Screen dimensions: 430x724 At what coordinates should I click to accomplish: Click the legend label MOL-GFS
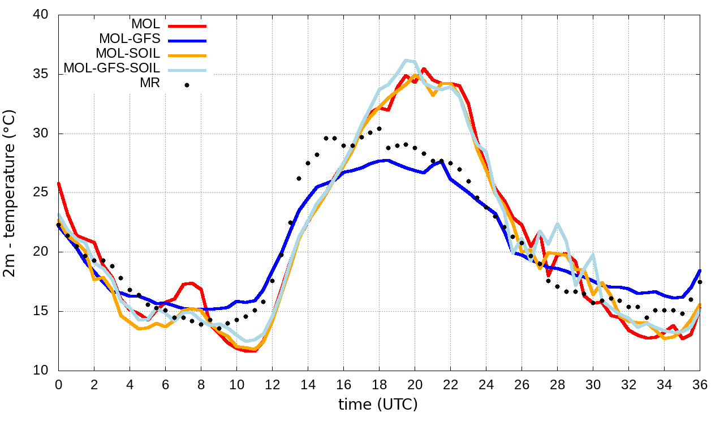coord(130,39)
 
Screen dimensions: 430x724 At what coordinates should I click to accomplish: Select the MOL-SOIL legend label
coord(128,54)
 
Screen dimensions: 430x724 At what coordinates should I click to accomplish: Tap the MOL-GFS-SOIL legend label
coord(112,68)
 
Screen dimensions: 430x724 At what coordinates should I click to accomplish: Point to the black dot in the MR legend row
coord(187,85)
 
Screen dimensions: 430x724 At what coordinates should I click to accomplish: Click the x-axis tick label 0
coord(58,385)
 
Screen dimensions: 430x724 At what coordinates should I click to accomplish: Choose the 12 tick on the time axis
coord(272,385)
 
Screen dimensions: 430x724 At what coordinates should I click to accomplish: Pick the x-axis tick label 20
coord(415,385)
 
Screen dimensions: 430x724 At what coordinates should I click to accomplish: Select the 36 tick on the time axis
coord(700,385)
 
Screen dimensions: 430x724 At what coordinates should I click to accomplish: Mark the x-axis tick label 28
coord(557,385)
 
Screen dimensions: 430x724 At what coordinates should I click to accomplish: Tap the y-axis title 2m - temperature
coord(11,193)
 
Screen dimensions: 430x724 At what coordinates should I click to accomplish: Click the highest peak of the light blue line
coord(406,60)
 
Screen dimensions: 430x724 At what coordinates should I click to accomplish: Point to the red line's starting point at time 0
coord(59,183)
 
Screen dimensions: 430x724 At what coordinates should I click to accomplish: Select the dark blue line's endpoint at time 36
coord(700,270)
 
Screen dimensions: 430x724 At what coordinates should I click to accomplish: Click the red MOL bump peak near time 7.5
coord(192,283)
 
